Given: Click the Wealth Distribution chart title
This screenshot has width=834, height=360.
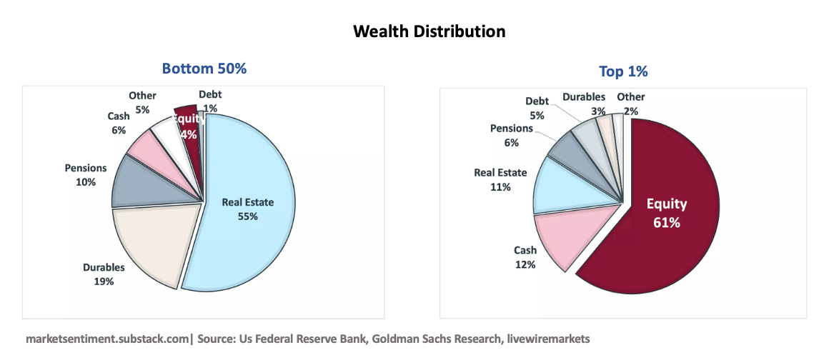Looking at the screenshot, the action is click(429, 31).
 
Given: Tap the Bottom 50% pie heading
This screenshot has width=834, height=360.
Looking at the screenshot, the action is click(204, 69).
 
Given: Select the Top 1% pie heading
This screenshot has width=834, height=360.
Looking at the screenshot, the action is click(623, 71).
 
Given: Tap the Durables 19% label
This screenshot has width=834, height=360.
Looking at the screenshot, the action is click(104, 274).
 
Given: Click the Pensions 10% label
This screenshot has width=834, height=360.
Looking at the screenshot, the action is click(86, 175).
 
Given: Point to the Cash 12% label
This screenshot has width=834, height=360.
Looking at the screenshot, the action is click(525, 257).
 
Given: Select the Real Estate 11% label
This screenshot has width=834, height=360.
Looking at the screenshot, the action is click(500, 180).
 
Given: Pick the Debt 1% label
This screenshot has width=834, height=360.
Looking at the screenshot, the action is click(210, 101).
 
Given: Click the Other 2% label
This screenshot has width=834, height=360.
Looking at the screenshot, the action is click(631, 104).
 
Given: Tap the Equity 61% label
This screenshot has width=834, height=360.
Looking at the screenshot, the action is click(667, 214).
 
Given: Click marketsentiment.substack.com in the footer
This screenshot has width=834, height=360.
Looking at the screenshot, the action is click(107, 338).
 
